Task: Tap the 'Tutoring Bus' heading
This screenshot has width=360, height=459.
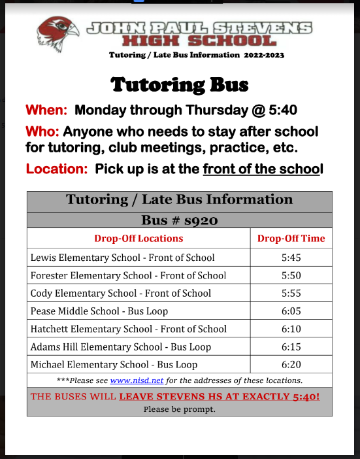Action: pos(180,85)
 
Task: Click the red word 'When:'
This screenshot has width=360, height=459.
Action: pos(46,110)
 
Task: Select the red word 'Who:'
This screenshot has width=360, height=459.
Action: pos(42,131)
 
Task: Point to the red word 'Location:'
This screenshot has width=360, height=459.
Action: pos(57,169)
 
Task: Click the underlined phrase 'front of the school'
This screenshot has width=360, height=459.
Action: pos(263,169)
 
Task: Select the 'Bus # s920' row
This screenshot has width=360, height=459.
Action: pos(180,220)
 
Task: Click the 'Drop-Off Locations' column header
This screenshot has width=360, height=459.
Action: pos(138,238)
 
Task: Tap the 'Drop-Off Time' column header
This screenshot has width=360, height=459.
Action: pos(291,238)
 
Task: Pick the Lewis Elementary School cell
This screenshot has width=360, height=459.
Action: pos(123,258)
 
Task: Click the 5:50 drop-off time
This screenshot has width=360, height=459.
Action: pos(291,276)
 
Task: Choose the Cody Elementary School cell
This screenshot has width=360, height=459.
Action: pos(121,294)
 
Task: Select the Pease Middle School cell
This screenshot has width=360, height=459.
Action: pos(99,311)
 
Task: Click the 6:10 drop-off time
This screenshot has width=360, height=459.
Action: pos(291,329)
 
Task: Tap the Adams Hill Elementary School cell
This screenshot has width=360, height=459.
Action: pos(121,347)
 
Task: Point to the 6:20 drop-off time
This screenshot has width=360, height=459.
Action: pos(291,364)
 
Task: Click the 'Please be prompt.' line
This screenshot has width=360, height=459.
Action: pos(180,409)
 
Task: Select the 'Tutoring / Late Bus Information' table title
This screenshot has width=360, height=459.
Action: pos(180,200)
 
